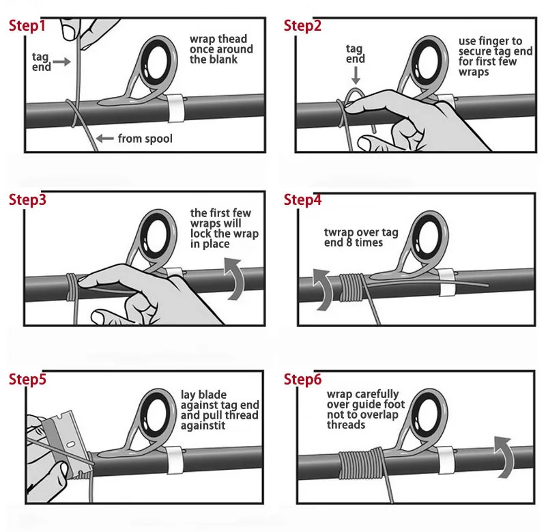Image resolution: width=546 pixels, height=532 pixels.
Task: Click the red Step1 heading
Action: pyautogui.click(x=27, y=26)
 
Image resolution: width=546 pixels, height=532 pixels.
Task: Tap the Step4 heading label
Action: pyautogui.click(x=302, y=199)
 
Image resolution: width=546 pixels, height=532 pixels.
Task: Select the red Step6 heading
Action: pyautogui.click(x=302, y=379)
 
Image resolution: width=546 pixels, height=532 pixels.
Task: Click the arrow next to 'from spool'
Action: pyautogui.click(x=105, y=139)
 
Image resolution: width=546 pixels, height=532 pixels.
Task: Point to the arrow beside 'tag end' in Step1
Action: pyautogui.click(x=61, y=62)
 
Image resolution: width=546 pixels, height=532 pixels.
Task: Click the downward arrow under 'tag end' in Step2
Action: pyautogui.click(x=356, y=76)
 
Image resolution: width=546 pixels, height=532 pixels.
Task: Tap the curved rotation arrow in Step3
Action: pyautogui.click(x=234, y=279)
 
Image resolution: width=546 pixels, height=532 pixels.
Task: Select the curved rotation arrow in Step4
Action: pyautogui.click(x=322, y=290)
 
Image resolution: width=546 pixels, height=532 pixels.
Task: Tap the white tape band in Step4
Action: pyautogui.click(x=446, y=283)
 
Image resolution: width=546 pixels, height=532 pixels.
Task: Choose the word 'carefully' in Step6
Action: pyautogui.click(x=377, y=394)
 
